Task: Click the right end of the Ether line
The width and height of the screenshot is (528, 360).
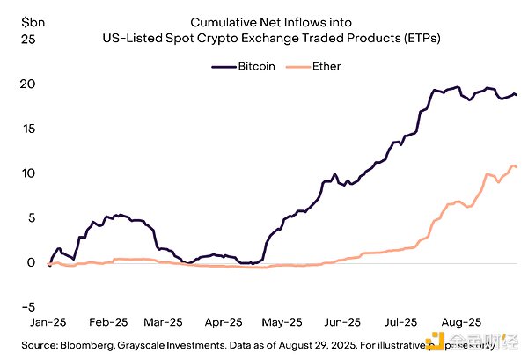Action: [517, 167]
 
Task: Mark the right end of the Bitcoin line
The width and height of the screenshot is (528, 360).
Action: [517, 95]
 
